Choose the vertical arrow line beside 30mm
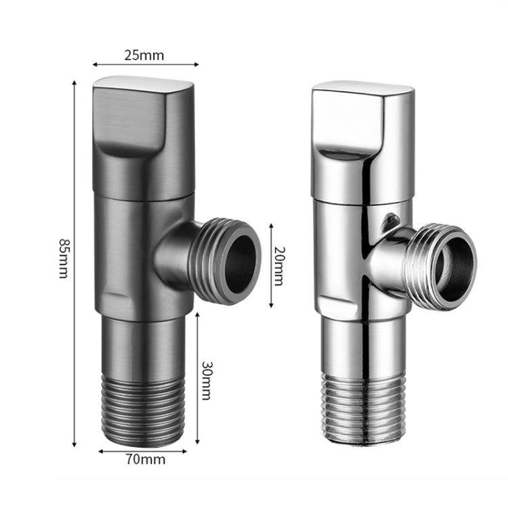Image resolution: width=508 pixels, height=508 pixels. [197, 379]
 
